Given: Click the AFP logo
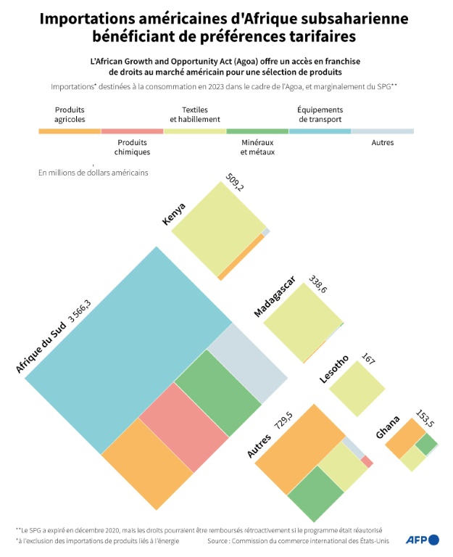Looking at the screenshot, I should click(x=423, y=540).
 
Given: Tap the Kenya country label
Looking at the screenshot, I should click(x=174, y=213).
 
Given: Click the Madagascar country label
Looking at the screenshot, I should click(x=274, y=297).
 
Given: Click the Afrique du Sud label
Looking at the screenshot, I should click(x=41, y=348).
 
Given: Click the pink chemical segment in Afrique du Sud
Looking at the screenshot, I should click(x=183, y=428).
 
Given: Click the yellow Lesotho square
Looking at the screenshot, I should click(x=357, y=388).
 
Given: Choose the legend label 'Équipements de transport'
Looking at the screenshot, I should click(x=320, y=115).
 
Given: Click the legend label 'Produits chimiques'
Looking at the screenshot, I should click(x=133, y=148).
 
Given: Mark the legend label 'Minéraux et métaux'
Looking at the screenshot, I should click(x=257, y=148).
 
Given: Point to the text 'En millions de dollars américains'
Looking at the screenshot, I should click(x=93, y=173).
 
